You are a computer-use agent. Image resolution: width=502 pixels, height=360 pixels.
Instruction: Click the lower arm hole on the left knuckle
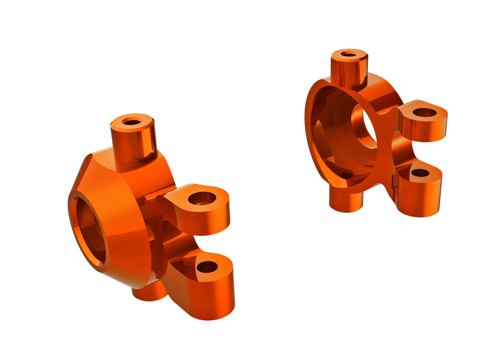[207, 267]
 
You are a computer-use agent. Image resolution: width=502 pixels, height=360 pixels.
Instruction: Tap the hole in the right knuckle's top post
[350, 54]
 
